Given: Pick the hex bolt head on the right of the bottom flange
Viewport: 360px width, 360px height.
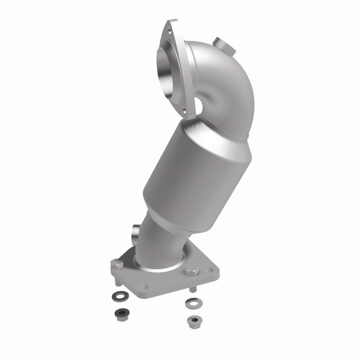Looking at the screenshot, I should point(191,272).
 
